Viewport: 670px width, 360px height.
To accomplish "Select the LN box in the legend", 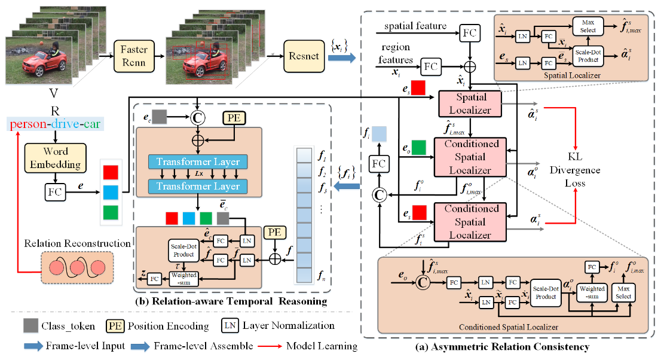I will [230, 326].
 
